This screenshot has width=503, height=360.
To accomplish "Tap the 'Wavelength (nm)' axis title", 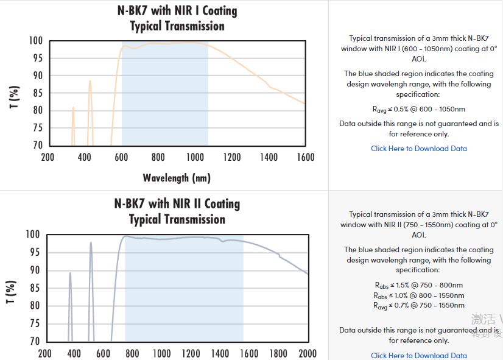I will (x=177, y=178).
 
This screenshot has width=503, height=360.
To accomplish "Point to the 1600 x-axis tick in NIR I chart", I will (x=305, y=157).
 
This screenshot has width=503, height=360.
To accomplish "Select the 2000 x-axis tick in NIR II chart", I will (x=308, y=353).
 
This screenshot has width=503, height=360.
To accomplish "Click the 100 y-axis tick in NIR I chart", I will (x=36, y=41).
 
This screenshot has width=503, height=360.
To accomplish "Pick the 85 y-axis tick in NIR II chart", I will (x=35, y=288).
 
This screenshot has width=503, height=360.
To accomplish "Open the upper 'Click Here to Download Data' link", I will (x=419, y=149).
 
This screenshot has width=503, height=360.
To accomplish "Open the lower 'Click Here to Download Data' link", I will (x=419, y=355).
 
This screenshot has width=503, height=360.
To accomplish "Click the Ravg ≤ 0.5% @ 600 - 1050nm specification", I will (x=419, y=110).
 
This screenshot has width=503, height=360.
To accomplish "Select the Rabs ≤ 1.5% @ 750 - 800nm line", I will (x=419, y=285).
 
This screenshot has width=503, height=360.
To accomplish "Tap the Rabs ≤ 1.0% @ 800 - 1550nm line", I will (x=419, y=295).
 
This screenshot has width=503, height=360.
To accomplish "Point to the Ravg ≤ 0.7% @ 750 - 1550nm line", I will (x=419, y=306).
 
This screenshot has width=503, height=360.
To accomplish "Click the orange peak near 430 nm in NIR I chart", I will (x=90, y=82).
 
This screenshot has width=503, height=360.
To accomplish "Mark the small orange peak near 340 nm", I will (x=73, y=108).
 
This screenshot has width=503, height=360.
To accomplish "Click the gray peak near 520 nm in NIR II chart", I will (x=91, y=244).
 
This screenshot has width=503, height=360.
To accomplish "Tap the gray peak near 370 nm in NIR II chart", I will (x=70, y=274).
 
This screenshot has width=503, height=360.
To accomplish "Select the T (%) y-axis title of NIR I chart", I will (x=14, y=97).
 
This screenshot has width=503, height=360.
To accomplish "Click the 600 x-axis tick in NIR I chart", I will (x=121, y=157).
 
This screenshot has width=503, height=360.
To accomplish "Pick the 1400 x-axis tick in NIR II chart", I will (x=220, y=353).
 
